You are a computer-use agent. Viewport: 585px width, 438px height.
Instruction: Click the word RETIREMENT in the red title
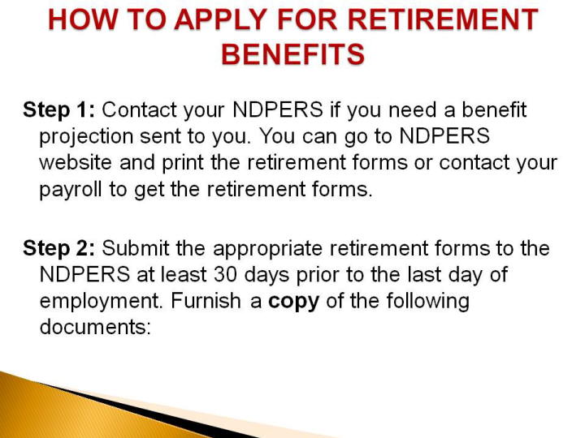click(x=444, y=19)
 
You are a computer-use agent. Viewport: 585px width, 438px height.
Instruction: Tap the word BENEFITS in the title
click(x=292, y=54)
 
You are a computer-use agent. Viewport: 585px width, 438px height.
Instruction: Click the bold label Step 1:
click(x=59, y=109)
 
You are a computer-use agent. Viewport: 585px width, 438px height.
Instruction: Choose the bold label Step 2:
click(x=59, y=248)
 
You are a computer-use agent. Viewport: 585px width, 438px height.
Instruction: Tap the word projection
click(x=86, y=137)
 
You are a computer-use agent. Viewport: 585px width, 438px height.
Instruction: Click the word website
click(x=76, y=163)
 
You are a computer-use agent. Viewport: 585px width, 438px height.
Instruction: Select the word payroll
click(x=71, y=190)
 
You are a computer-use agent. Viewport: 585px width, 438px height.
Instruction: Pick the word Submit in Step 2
click(x=136, y=248)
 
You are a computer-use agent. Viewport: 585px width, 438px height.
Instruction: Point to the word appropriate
click(x=267, y=249)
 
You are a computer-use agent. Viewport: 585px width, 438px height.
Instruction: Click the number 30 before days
click(x=225, y=274)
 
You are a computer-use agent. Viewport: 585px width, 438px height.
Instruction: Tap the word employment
click(x=102, y=302)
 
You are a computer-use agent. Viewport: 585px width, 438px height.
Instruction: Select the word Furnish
click(x=206, y=301)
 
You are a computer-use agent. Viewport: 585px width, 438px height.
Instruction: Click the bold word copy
click(x=293, y=302)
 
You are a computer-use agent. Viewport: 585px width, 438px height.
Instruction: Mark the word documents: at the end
click(x=95, y=327)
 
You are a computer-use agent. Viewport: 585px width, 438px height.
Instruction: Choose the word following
click(x=427, y=302)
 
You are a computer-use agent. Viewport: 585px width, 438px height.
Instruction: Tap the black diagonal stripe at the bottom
click(x=149, y=410)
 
